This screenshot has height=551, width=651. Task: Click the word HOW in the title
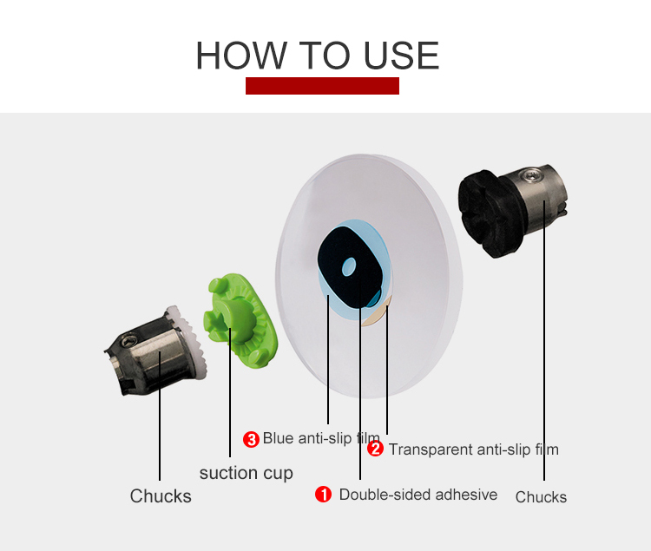(x=241, y=56)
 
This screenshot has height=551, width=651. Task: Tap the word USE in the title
(x=402, y=56)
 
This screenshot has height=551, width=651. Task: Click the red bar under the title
(x=322, y=86)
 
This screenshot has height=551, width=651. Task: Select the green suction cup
(x=240, y=319)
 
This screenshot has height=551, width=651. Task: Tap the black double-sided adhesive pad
(x=350, y=266)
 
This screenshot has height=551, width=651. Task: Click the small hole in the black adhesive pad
(x=349, y=266)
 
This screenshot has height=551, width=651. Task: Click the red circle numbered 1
(x=323, y=494)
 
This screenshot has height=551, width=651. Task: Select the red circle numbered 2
(x=375, y=449)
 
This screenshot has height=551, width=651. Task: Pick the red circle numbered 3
(x=251, y=439)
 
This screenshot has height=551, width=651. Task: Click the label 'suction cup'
(x=247, y=474)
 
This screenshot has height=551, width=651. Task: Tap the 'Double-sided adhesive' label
(x=418, y=495)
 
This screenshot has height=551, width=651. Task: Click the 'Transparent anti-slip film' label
(x=474, y=449)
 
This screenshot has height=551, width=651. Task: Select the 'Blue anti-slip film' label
(x=321, y=438)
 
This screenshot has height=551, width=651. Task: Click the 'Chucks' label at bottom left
(x=161, y=496)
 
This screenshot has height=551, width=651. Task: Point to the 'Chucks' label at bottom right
(x=541, y=497)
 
